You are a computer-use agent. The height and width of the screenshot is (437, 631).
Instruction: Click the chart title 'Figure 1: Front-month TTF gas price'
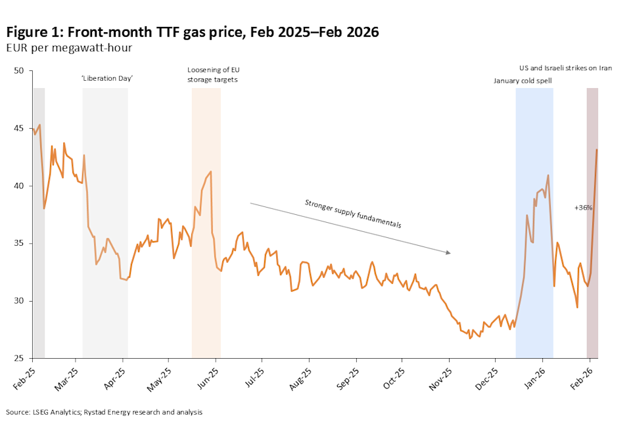tap(192, 32)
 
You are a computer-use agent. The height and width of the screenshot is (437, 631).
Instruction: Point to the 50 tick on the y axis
tap(19, 71)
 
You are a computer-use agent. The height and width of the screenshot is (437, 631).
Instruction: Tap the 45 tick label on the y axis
tap(19, 129)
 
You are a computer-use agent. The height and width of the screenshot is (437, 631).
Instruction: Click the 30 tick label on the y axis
tap(19, 301)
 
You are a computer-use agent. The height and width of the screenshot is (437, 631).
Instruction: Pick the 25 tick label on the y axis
tap(19, 359)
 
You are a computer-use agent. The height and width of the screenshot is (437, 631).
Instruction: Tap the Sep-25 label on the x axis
tap(348, 377)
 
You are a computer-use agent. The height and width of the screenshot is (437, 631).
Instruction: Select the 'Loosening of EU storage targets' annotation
tap(212, 75)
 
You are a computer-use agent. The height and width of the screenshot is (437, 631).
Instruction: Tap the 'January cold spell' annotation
tap(523, 80)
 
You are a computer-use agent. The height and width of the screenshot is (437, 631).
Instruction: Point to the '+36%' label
tap(584, 208)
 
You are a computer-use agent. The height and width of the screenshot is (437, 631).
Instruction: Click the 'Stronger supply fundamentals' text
tap(352, 214)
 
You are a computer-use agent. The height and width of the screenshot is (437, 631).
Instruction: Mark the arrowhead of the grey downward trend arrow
tap(449, 252)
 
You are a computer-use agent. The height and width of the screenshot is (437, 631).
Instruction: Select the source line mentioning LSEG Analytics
tap(104, 412)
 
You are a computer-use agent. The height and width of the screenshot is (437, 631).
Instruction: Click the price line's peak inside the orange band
tap(210, 172)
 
